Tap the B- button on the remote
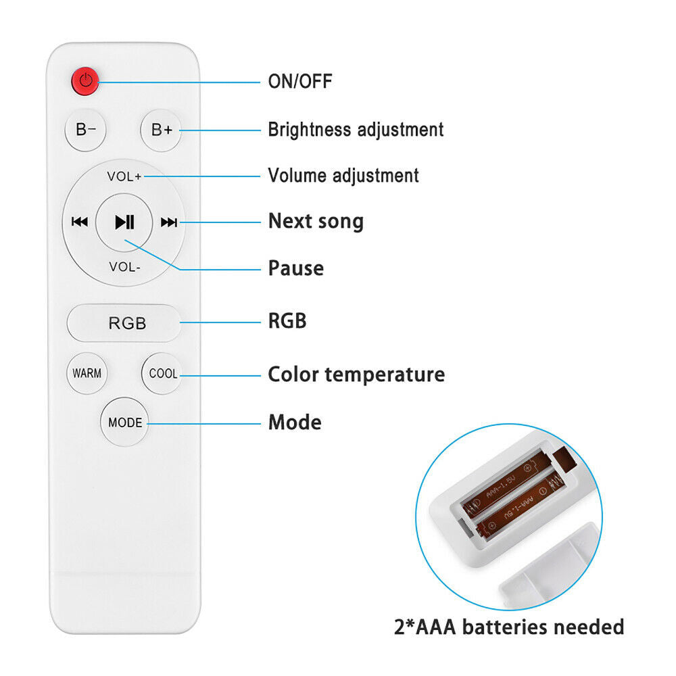86,129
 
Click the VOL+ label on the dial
124,176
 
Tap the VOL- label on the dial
124,267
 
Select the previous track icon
80,222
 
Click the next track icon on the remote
169,222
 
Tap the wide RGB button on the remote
126,323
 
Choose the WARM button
87,373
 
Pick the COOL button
163,373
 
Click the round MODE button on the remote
125,422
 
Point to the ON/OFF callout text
300,82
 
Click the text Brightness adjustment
356,129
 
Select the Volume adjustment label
343,176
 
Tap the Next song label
316,221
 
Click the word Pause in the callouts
296,268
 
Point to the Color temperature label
356,374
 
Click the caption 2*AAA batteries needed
509,627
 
